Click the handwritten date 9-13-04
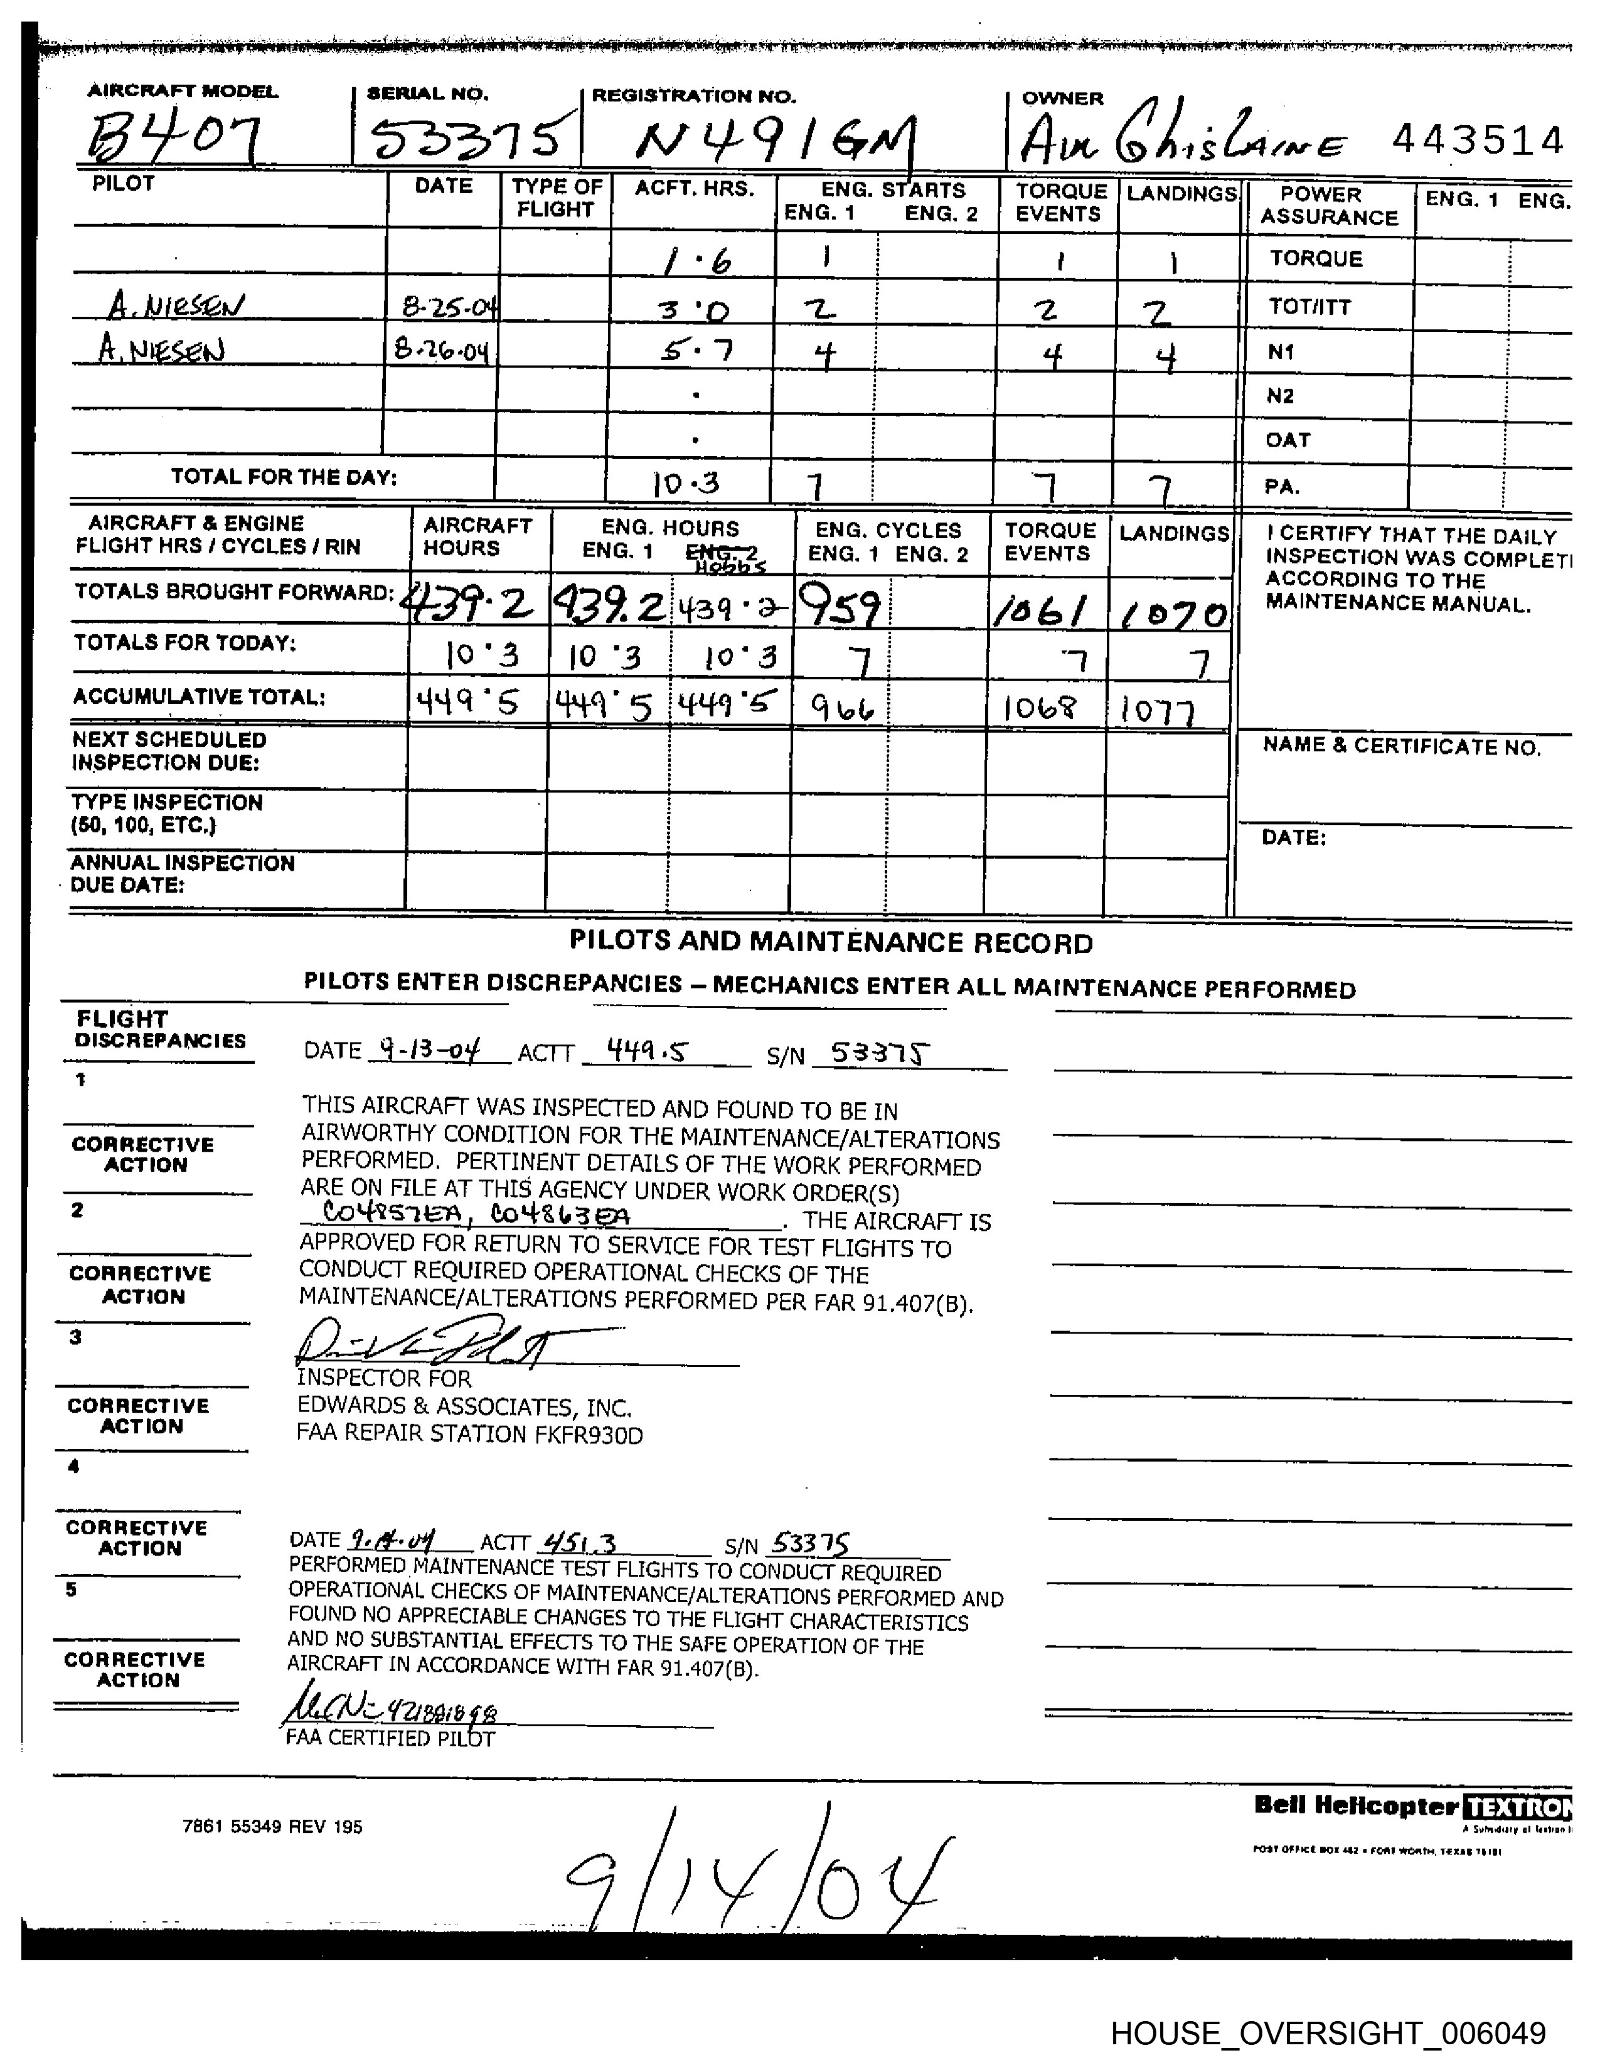(x=429, y=1049)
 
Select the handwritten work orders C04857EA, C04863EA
(x=476, y=1214)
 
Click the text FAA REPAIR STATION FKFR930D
(x=469, y=1434)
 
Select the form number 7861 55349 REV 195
(x=272, y=1827)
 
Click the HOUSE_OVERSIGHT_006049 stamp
(x=1327, y=2033)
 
